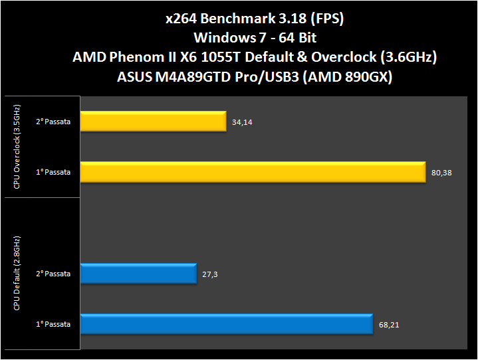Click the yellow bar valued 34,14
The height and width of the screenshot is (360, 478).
tap(154, 122)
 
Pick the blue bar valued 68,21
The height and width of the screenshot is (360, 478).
tap(226, 324)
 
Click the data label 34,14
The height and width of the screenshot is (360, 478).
tap(242, 123)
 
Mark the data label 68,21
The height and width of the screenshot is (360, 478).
tap(388, 325)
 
